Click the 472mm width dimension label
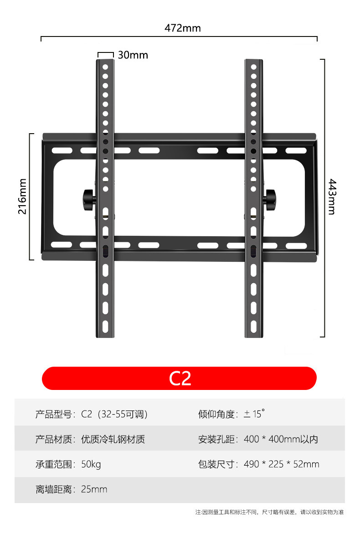coord(182,28)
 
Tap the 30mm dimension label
coord(133,55)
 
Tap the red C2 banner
coord(179,378)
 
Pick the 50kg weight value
coord(91,464)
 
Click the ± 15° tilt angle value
coord(254,414)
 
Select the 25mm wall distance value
coord(94,489)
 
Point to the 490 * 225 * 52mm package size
coord(281,464)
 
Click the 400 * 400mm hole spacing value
coord(281,440)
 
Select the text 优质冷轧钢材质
coord(113,440)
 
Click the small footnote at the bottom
coord(269,512)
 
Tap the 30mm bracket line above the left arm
coord(105,53)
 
